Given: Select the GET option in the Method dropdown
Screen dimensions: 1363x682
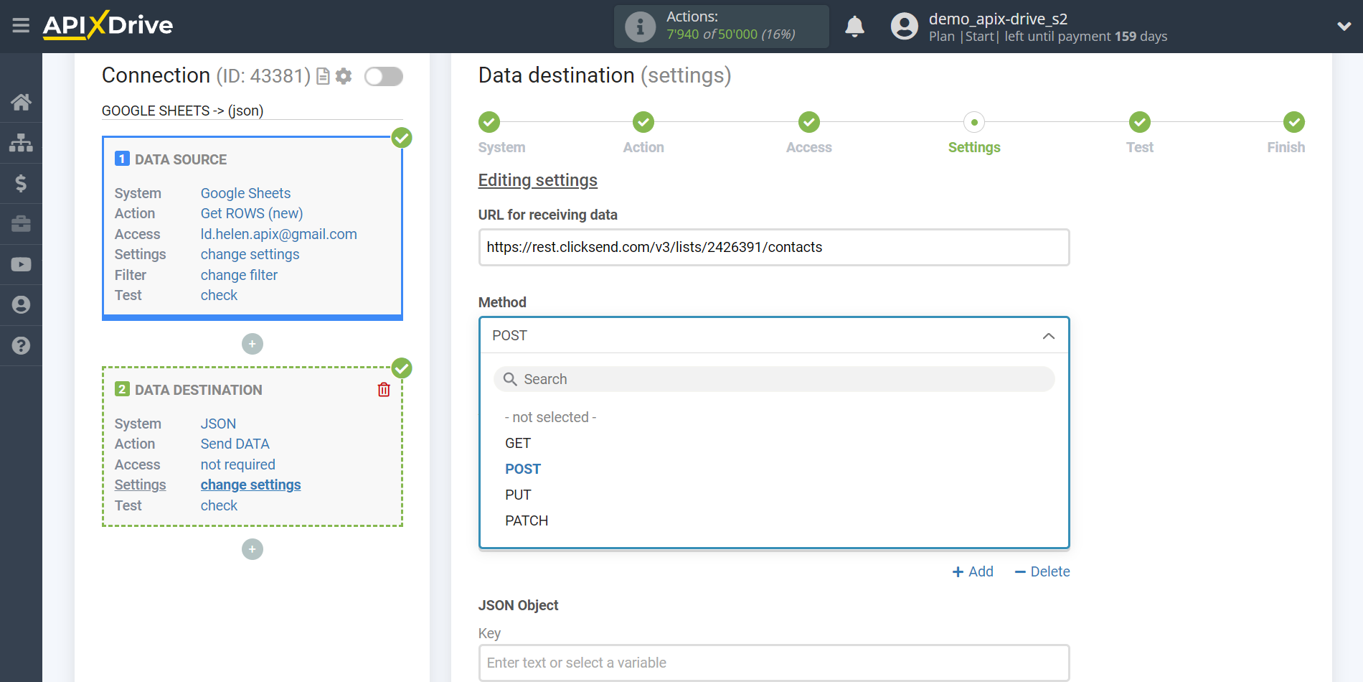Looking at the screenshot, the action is point(518,443).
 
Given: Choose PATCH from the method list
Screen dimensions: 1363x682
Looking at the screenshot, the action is point(527,520).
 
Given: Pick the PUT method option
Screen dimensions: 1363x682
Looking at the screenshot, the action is point(518,495).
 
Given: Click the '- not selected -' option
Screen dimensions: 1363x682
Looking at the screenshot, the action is point(550,417).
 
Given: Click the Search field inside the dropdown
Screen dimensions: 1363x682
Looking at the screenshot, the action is point(774,379).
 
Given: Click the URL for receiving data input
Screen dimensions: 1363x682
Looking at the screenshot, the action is point(774,247).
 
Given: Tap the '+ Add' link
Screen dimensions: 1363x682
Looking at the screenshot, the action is point(973,571).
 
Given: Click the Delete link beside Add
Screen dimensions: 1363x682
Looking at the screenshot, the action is point(1042,571).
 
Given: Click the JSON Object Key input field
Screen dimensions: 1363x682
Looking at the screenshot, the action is point(774,663).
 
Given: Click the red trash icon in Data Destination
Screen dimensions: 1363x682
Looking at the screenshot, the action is point(384,389).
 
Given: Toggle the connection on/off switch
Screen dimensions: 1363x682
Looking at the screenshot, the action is point(384,76).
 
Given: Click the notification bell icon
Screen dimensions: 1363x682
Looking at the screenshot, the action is point(854,27).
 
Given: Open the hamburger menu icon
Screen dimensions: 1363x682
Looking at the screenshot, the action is point(21,26).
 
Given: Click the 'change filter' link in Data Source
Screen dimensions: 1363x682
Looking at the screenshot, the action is point(239,275).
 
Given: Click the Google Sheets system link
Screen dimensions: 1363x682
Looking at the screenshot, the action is point(245,193).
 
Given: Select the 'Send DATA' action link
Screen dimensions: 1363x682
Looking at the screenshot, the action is point(235,444).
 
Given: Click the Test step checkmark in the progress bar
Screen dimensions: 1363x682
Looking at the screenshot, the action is point(1139,122).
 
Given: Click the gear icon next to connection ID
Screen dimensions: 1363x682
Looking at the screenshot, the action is point(344,76).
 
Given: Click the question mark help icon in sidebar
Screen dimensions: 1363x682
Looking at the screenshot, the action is point(21,345).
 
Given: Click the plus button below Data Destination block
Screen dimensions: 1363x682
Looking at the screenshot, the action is point(253,549).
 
